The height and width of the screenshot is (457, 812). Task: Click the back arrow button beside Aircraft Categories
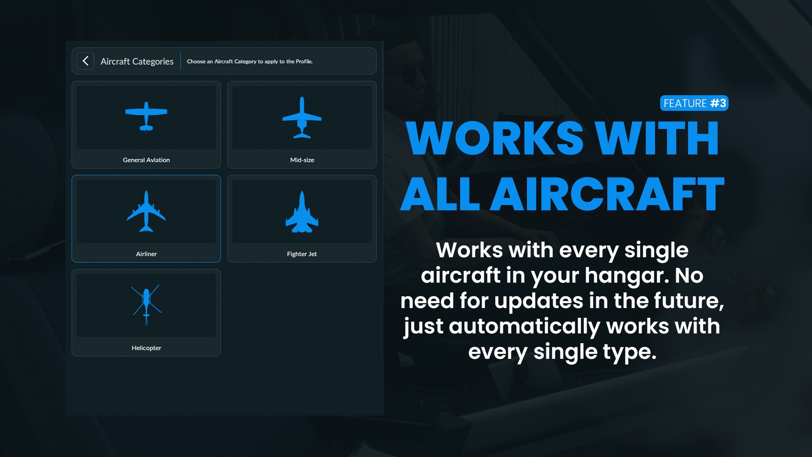coord(85,61)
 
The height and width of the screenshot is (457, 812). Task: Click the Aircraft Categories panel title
coord(137,61)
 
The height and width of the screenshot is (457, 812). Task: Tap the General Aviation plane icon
coord(146,117)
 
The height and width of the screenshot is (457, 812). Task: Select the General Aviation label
coord(146,160)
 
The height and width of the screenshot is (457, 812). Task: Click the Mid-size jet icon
coord(302,118)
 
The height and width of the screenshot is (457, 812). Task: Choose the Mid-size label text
coord(302,160)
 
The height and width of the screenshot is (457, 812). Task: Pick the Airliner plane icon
coord(146,212)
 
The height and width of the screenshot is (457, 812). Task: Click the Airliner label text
coord(146,254)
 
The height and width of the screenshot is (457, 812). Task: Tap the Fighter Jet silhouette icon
coord(302,212)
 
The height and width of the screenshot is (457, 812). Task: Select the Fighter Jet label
coord(302,254)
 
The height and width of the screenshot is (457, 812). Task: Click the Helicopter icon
coord(146,305)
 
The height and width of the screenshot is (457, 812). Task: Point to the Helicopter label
coord(146,348)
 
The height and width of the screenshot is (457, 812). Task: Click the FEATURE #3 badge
coord(694,103)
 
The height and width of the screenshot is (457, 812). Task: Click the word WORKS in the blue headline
coord(495,138)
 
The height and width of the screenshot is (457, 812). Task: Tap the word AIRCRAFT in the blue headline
coord(607,194)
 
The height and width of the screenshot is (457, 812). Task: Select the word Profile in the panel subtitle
coord(304,61)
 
